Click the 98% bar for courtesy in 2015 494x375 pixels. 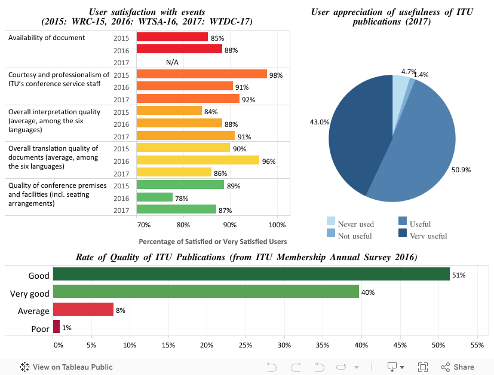tap(201, 74)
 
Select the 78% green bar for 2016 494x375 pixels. tap(155, 197)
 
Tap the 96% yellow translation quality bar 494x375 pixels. tap(198, 160)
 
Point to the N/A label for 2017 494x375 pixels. tap(172, 62)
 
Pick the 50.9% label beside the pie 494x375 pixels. tap(461, 169)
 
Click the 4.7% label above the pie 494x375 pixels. tap(409, 72)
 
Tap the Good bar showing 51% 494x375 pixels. tap(251, 275)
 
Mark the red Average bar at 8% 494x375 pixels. tap(83, 309)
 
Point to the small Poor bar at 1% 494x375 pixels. tap(57, 327)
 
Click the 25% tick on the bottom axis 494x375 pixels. tap(246, 345)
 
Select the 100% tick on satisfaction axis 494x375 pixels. tap(277, 225)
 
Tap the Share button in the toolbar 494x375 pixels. tap(458, 367)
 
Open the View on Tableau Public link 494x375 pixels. tap(66, 367)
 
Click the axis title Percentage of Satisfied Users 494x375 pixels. tap(213, 242)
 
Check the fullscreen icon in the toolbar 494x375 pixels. tap(422, 367)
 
